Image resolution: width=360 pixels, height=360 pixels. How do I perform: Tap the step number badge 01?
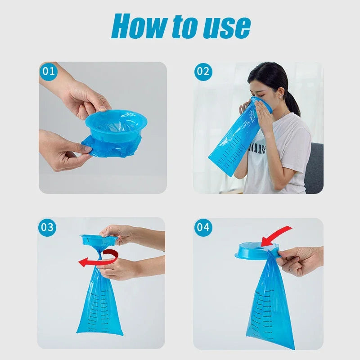49,72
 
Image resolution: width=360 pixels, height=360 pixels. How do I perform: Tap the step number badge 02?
203,72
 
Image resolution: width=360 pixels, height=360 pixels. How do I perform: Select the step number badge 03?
47,227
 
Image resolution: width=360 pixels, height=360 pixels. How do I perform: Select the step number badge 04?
203,227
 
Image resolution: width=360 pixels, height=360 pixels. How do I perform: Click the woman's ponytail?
292,102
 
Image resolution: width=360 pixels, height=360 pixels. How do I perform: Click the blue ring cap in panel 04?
254,250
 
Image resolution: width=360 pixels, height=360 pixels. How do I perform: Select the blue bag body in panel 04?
270,306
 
